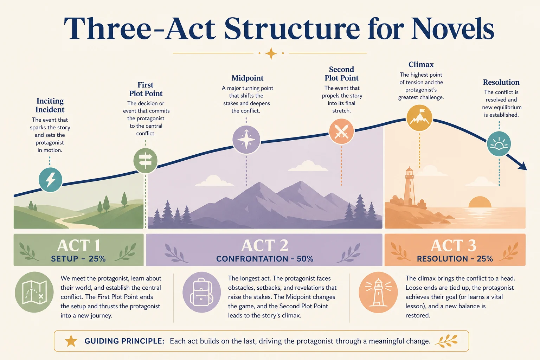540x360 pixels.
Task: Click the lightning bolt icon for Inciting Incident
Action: click(x=50, y=180)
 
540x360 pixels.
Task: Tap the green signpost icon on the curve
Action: click(x=145, y=161)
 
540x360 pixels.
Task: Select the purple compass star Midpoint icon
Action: click(x=246, y=140)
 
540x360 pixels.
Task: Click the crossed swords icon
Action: click(x=341, y=131)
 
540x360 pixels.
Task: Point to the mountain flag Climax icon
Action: click(x=419, y=118)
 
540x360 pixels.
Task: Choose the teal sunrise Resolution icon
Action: click(x=499, y=144)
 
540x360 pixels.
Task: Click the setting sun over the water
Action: click(x=480, y=202)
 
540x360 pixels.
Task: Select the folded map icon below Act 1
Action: click(x=34, y=292)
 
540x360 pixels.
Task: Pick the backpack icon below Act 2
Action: click(x=201, y=292)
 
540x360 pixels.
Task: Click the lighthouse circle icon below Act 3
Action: click(x=378, y=292)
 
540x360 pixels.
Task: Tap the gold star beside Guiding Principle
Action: click(x=71, y=341)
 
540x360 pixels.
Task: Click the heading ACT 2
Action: click(x=264, y=245)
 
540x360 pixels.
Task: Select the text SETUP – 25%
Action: click(x=78, y=259)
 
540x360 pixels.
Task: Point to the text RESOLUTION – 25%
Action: click(x=455, y=259)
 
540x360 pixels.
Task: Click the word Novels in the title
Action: click(x=430, y=29)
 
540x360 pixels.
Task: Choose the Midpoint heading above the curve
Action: click(x=247, y=78)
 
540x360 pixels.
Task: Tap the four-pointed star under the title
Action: click(x=271, y=53)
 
